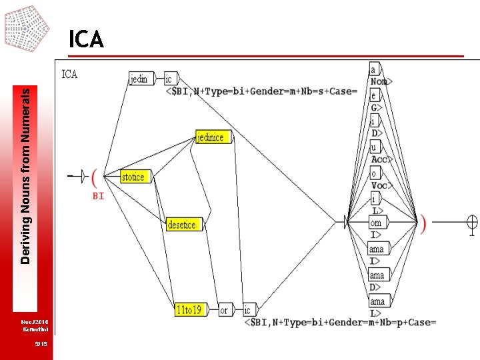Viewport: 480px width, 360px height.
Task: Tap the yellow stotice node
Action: (133, 177)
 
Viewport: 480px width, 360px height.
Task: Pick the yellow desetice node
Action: (181, 225)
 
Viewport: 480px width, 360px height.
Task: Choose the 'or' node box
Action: (225, 310)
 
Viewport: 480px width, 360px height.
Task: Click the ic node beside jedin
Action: (171, 79)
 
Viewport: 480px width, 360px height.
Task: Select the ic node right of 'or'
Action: (248, 310)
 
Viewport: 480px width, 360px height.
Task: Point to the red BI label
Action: (98, 197)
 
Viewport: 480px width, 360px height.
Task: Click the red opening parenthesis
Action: (95, 177)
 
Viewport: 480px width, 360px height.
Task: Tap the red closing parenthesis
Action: (423, 223)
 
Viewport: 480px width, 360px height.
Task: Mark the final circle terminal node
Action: (472, 223)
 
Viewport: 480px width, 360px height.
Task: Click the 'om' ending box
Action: (376, 223)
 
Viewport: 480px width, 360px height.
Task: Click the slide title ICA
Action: (86, 40)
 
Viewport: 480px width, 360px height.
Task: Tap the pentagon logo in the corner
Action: (26, 27)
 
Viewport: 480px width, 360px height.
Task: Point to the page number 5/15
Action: (41, 344)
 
